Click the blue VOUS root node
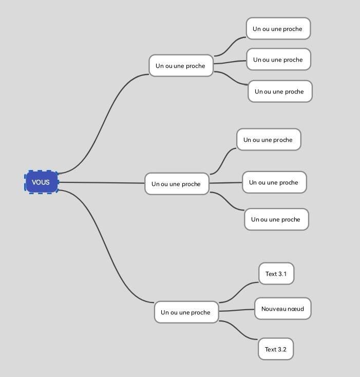pyautogui.click(x=41, y=182)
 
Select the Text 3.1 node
pyautogui.click(x=276, y=274)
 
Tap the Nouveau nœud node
pyautogui.click(x=282, y=309)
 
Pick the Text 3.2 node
pyautogui.click(x=276, y=349)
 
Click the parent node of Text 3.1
pyautogui.click(x=186, y=312)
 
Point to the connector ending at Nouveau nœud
pyautogui.click(x=237, y=310)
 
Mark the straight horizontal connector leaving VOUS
pyautogui.click(x=103, y=183)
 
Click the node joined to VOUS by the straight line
pyautogui.click(x=177, y=184)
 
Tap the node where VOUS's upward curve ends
pyautogui.click(x=181, y=66)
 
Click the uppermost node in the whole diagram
pyautogui.click(x=278, y=29)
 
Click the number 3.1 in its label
pyautogui.click(x=282, y=274)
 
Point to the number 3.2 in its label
pyautogui.click(x=282, y=349)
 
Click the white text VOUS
pyautogui.click(x=41, y=182)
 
